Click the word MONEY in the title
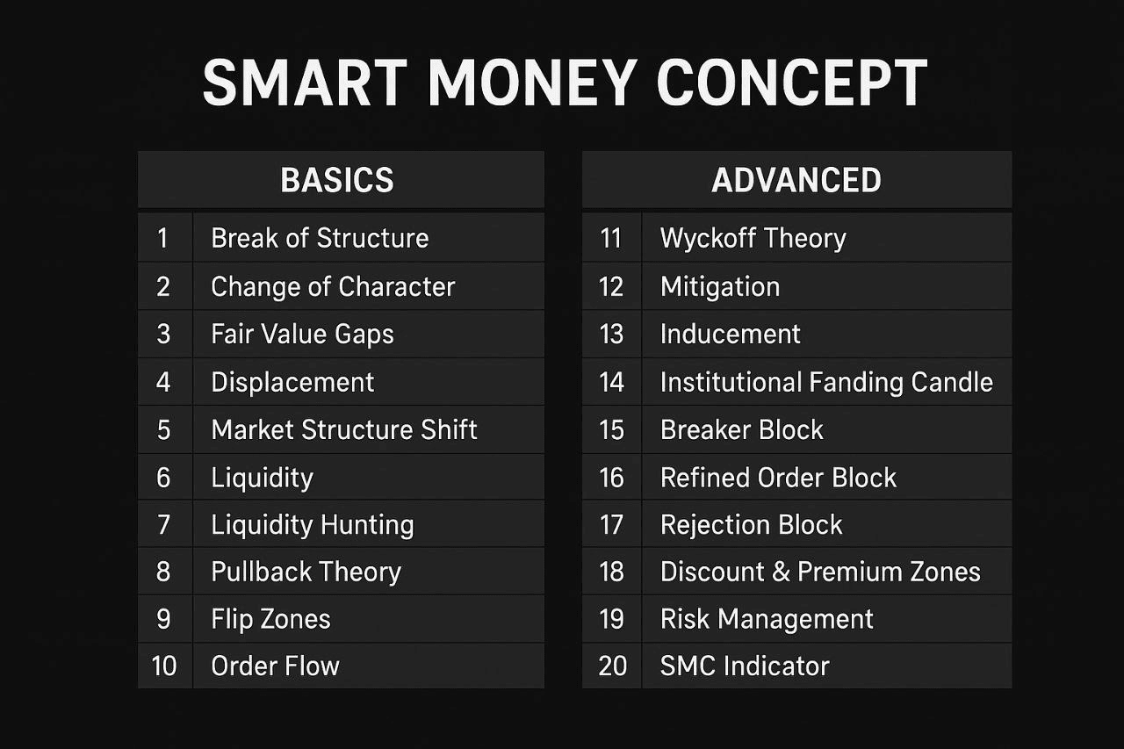click(x=533, y=83)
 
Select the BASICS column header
click(x=337, y=180)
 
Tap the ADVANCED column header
click(x=796, y=180)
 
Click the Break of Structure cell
click(x=320, y=238)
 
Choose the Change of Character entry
click(x=333, y=286)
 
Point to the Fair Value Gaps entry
click(x=302, y=335)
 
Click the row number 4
click(x=163, y=382)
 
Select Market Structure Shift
click(x=343, y=430)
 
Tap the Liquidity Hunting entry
click(x=312, y=525)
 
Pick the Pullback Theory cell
click(x=306, y=572)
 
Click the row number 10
click(x=164, y=666)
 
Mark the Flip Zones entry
click(x=270, y=619)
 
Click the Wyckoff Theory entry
click(x=753, y=239)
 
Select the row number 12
click(x=611, y=287)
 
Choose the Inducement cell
click(x=730, y=335)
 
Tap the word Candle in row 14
click(x=952, y=382)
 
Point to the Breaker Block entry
click(x=742, y=430)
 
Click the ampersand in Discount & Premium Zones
click(x=782, y=572)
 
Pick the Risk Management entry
click(x=767, y=620)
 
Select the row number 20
click(x=613, y=666)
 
